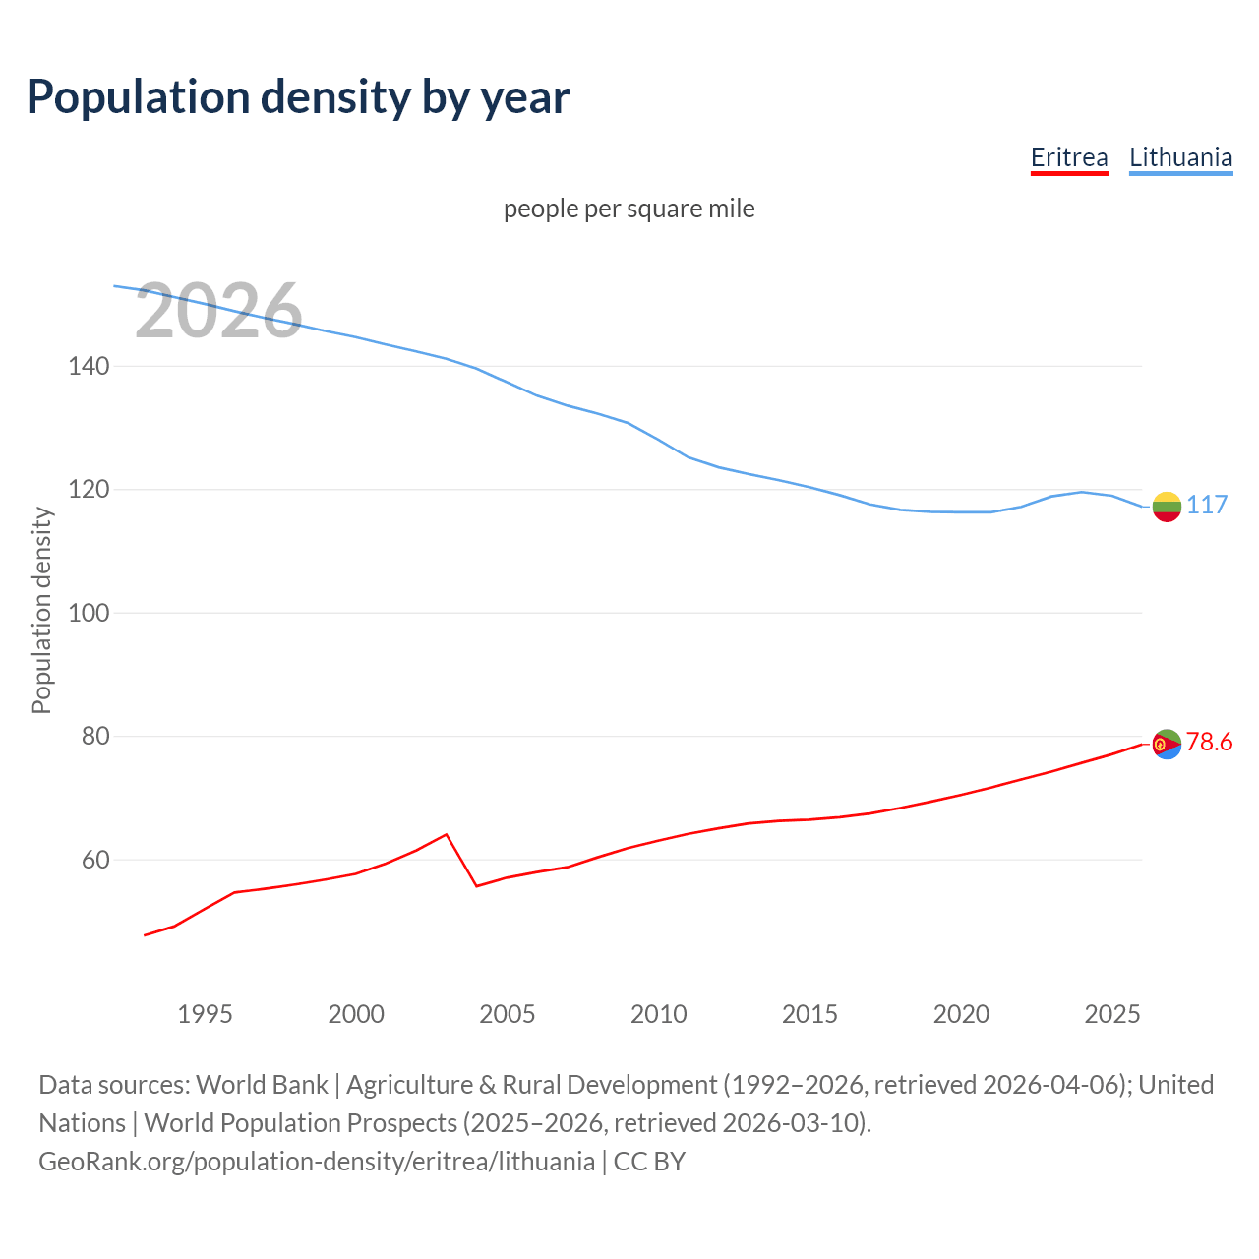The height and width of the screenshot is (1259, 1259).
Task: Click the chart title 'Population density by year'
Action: (298, 96)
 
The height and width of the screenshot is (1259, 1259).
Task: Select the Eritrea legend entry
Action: (1069, 157)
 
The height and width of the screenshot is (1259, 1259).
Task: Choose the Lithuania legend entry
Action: (1180, 157)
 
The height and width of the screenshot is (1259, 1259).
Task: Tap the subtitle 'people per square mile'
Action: (629, 209)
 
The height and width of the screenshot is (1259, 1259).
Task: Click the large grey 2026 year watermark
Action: (218, 311)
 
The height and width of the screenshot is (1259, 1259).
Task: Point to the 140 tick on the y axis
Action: (89, 366)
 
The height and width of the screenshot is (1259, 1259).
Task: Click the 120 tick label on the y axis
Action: (89, 489)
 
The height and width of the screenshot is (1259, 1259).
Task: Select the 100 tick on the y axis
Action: (89, 613)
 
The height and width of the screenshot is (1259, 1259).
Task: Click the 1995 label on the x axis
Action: (205, 1014)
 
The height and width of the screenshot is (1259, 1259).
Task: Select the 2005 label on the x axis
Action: (508, 1014)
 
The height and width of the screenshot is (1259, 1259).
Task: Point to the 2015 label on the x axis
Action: (809, 1014)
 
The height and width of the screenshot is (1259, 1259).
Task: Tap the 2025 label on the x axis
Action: (1112, 1014)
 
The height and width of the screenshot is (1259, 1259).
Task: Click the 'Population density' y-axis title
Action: (41, 610)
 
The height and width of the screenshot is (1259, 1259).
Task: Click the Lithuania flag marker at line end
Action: (1167, 507)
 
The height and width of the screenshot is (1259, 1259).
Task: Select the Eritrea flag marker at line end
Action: (1167, 745)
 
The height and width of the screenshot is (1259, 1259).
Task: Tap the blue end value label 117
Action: (1207, 505)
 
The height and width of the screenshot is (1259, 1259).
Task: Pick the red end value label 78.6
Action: (1209, 742)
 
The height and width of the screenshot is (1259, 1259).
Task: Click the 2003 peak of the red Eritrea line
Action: (447, 834)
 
